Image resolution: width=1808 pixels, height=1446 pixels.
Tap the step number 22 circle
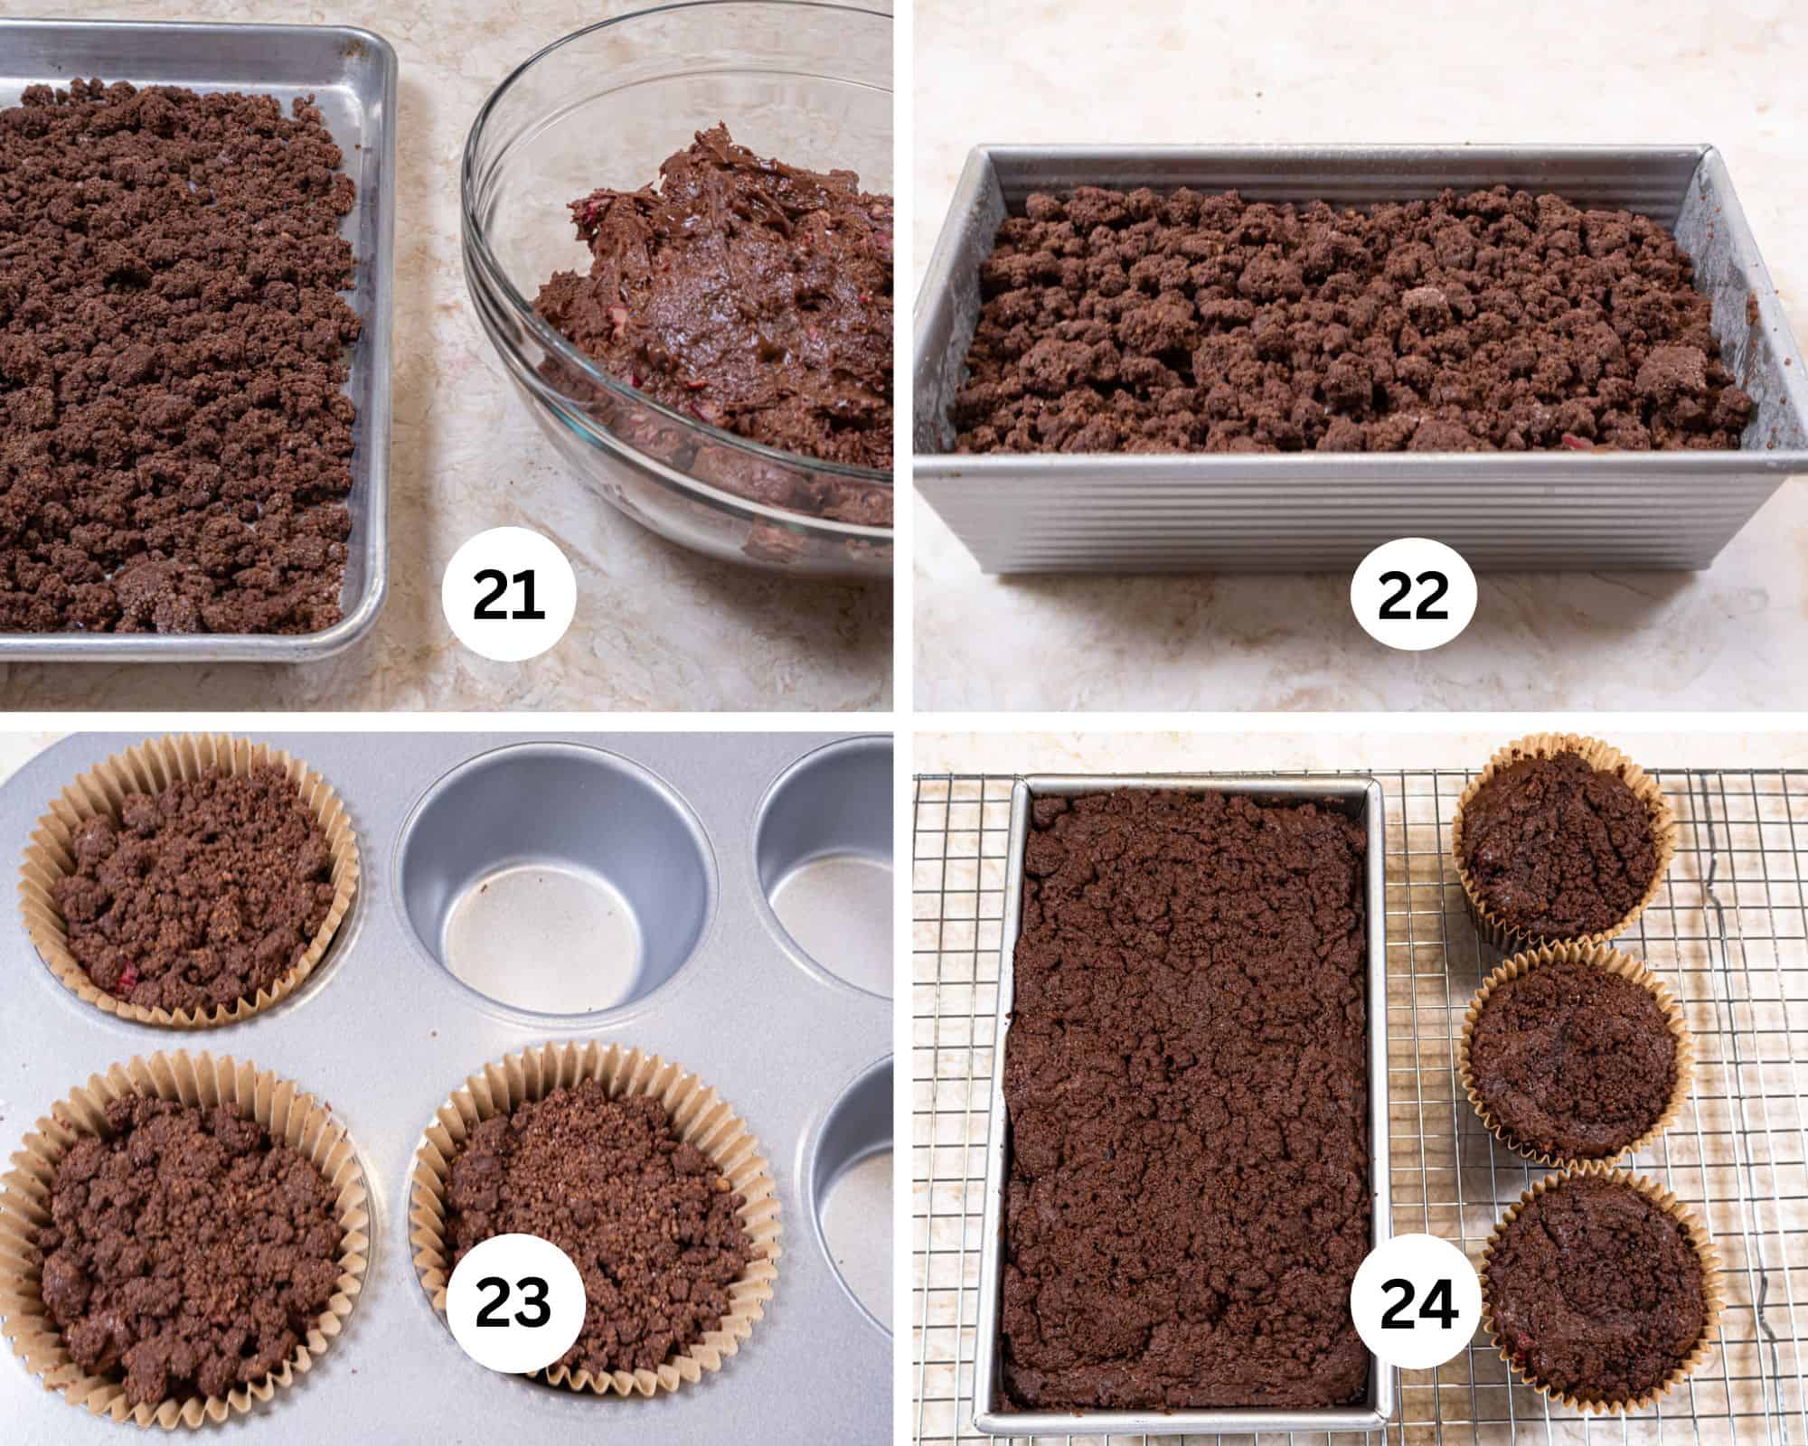pyautogui.click(x=1413, y=596)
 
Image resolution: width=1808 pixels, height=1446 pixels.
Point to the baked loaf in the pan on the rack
pyautogui.click(x=1184, y=1084)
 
